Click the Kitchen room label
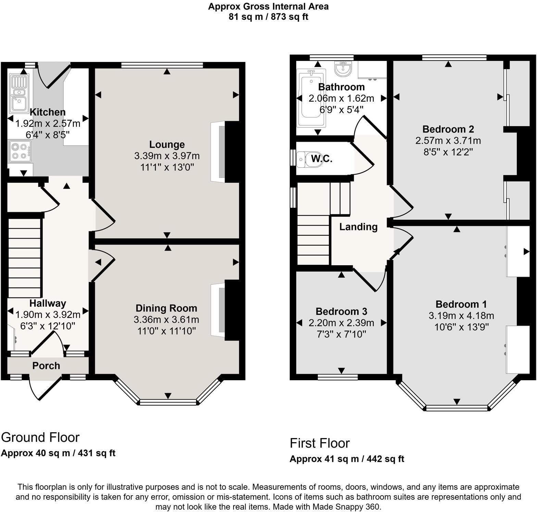[x=48, y=112]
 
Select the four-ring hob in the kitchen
[x=19, y=151]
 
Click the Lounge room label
[x=167, y=144]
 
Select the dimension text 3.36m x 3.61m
[x=166, y=320]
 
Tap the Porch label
[x=46, y=366]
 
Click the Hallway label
[x=48, y=303]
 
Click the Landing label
[x=358, y=227]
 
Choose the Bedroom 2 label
[x=448, y=129]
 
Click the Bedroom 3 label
[x=341, y=311]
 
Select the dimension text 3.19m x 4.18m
[x=461, y=316]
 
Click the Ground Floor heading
[x=40, y=437]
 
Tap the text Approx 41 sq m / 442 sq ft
[x=347, y=459]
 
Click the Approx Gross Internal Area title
[x=268, y=6]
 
